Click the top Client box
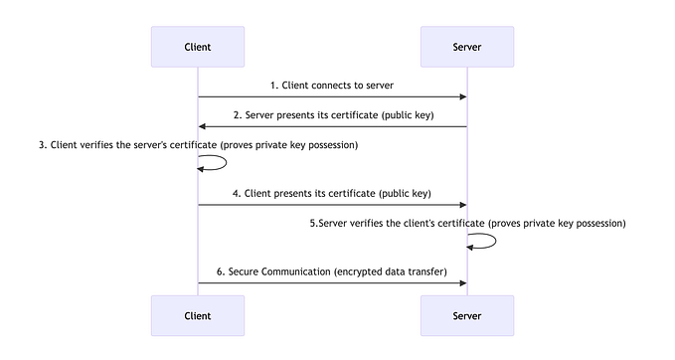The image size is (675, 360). pos(198,47)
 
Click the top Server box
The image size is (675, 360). pos(467,47)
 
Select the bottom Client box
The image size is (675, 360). pos(198,315)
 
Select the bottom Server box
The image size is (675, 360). pos(467,315)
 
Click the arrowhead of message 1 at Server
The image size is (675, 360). pos(462,96)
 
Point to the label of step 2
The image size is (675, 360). pos(332,115)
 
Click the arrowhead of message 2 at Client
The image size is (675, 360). pos(203,126)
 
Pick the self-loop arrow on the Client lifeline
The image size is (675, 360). pos(225,162)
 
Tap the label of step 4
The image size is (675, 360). pos(332,192)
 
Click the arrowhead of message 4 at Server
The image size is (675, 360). pos(462,205)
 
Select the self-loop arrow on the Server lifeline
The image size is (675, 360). pos(494,241)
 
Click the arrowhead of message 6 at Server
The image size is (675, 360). pos(462,283)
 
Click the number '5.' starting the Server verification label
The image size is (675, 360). pos(314,224)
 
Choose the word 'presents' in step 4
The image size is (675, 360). pos(295,192)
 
